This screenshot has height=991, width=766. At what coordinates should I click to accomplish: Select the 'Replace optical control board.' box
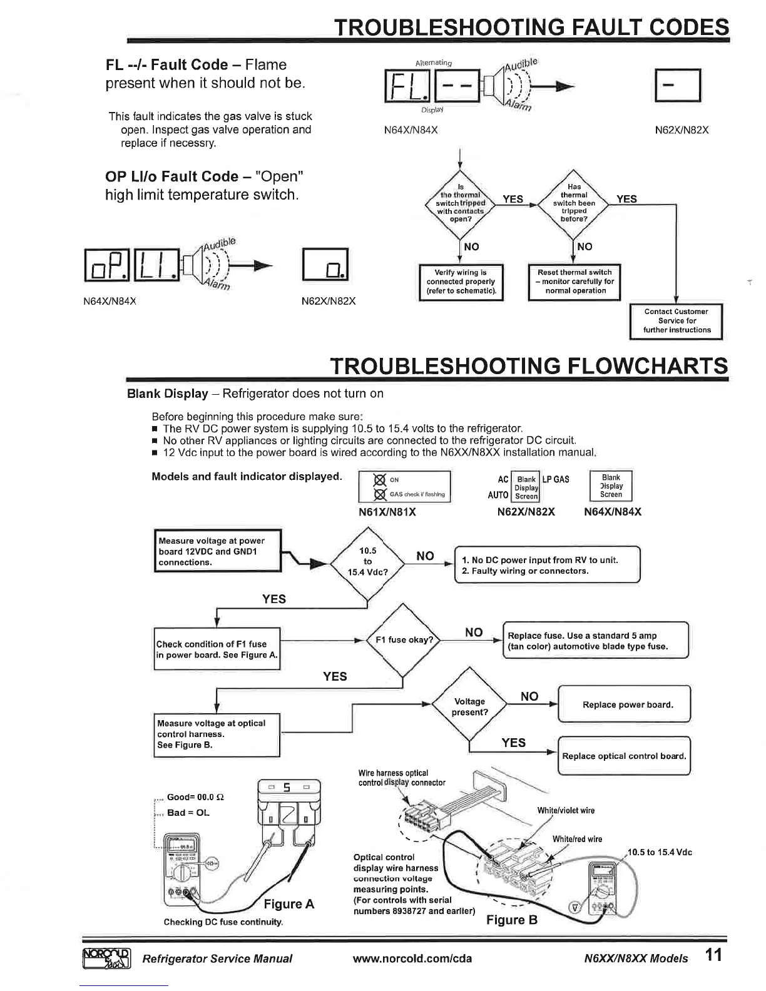[624, 756]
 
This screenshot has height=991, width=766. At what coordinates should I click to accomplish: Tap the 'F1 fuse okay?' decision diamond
[404, 640]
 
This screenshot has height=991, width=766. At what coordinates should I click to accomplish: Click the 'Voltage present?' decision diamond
[470, 706]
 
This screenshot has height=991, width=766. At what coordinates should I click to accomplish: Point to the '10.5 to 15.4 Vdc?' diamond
[368, 561]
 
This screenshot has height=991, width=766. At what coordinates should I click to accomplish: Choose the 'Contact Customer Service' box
[676, 321]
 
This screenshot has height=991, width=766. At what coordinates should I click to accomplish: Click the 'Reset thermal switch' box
[574, 282]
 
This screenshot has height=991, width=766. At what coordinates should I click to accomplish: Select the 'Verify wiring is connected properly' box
[461, 282]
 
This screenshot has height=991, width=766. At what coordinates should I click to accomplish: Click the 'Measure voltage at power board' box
[218, 551]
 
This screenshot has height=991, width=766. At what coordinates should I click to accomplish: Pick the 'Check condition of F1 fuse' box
[217, 649]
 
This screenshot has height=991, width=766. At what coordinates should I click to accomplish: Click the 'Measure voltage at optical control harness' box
[217, 734]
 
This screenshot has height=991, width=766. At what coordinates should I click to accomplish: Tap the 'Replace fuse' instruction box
[595, 641]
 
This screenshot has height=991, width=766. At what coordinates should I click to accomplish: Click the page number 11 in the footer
[713, 956]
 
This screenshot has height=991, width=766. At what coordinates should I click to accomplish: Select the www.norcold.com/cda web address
[412, 958]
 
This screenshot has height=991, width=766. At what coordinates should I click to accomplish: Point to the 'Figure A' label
[289, 903]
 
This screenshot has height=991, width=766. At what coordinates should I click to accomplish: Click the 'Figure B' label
[512, 920]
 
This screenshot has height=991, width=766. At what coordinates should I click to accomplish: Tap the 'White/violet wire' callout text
[566, 811]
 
